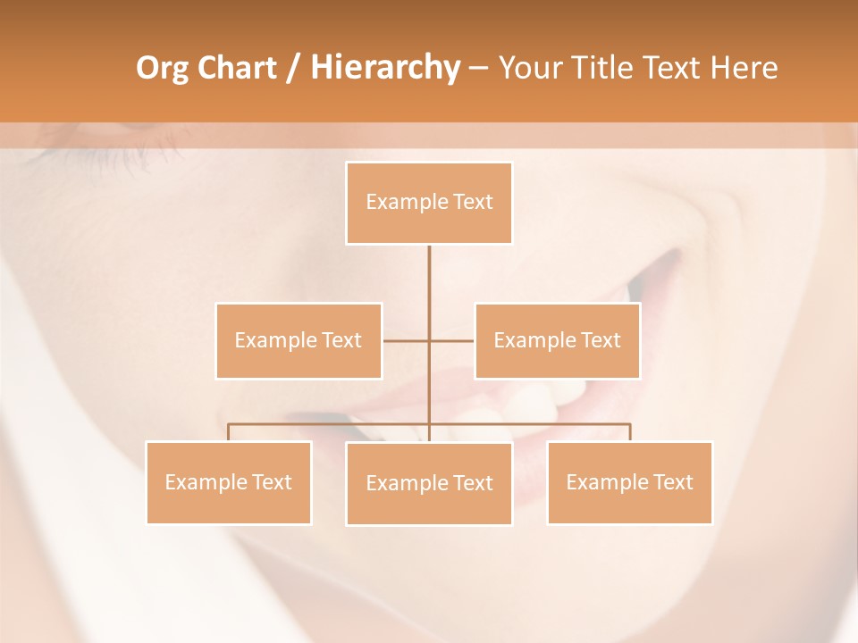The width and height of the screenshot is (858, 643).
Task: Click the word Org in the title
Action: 162,68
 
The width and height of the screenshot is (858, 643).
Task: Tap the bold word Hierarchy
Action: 384,68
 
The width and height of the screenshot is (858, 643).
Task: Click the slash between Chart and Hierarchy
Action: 292,69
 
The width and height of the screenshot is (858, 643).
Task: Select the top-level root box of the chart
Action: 429,203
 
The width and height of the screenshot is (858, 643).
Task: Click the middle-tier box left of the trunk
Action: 299,340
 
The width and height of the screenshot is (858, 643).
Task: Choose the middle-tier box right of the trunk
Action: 557,340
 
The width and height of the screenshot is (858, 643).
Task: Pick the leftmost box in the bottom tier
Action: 229,482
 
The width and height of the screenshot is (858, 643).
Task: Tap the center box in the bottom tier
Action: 429,483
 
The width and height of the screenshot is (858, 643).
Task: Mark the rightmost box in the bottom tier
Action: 630,482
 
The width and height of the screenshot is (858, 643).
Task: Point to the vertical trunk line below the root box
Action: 429,277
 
